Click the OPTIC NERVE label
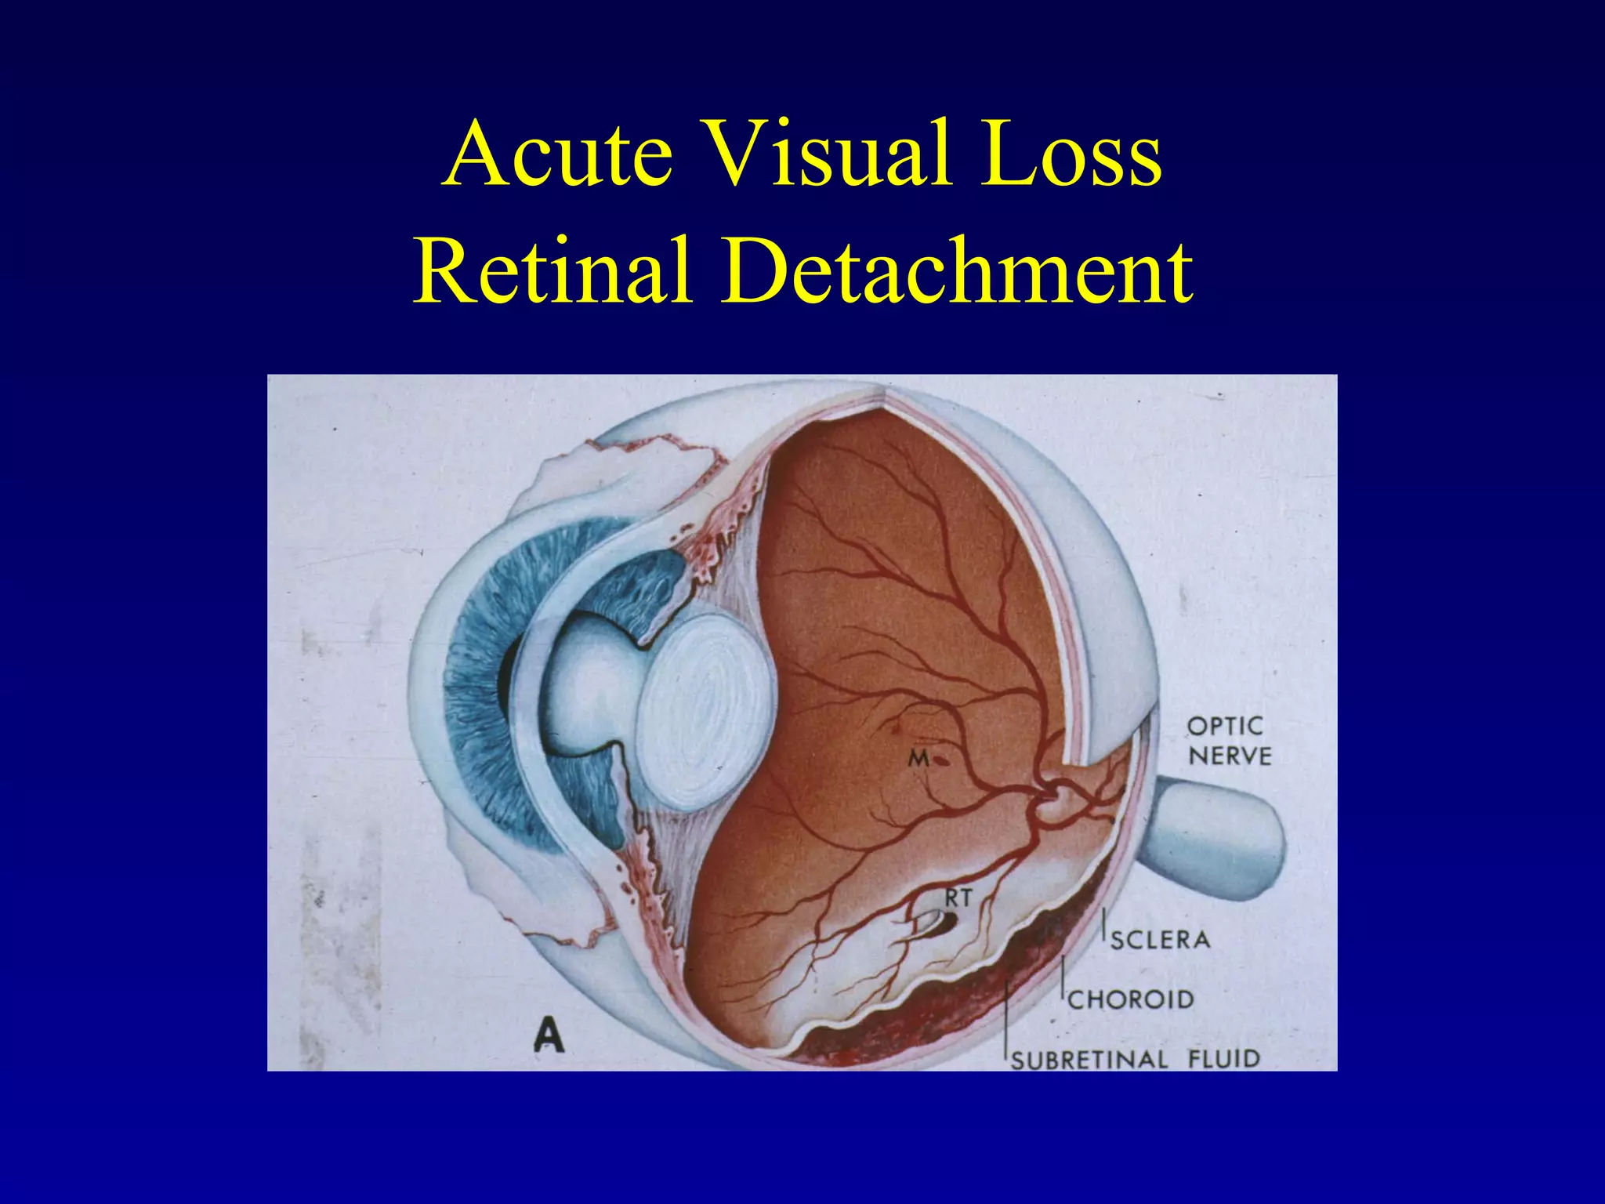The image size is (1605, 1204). coord(1229,741)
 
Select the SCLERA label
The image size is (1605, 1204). coord(1160,938)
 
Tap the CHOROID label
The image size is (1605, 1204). coord(1130,999)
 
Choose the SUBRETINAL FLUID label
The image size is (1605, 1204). coord(1135,1059)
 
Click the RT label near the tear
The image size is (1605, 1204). coord(957,898)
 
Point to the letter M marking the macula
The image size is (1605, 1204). coord(918,758)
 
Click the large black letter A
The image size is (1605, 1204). coord(549,1036)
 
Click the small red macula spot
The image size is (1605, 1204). coord(940,759)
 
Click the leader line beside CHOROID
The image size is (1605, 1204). coord(1063,980)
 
